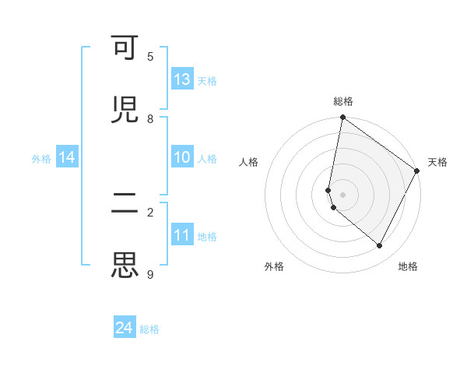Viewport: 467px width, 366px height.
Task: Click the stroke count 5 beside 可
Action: (150, 57)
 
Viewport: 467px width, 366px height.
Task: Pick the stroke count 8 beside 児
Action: (150, 118)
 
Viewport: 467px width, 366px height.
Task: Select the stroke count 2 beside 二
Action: (150, 212)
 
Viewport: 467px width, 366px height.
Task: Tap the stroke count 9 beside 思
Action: (150, 273)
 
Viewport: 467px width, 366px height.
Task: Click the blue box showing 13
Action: (182, 79)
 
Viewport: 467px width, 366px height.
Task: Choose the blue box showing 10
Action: (182, 158)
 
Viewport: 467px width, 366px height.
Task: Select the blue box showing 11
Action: (182, 235)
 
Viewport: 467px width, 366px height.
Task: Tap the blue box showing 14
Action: (67, 158)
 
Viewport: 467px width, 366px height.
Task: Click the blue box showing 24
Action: (125, 329)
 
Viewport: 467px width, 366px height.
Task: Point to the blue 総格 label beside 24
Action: (149, 329)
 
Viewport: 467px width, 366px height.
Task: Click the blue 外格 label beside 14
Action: (41, 159)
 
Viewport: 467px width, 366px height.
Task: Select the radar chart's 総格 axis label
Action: (343, 101)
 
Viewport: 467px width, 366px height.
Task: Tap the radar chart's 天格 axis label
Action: (437, 162)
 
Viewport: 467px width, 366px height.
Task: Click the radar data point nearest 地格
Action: (380, 246)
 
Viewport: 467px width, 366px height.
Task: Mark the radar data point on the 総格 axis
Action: (342, 118)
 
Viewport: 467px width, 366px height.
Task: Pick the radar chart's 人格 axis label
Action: (249, 162)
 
